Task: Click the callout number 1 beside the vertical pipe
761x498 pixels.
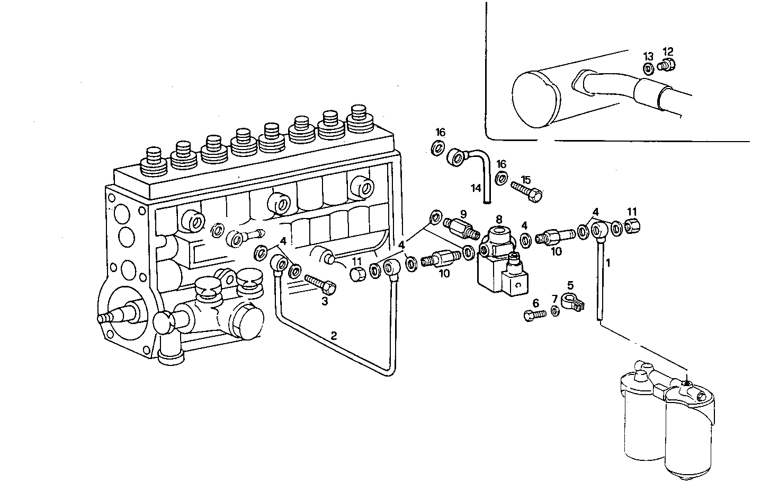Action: [x=608, y=263]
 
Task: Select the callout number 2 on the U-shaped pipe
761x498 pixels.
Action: [x=334, y=335]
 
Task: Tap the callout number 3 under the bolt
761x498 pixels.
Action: [x=325, y=301]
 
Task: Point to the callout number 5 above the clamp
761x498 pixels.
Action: [x=570, y=285]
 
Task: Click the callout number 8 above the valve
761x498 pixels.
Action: [x=498, y=219]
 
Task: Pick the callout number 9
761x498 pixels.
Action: [x=463, y=214]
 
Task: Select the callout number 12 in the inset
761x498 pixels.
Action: [x=668, y=51]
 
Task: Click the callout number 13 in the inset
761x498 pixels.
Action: [x=648, y=56]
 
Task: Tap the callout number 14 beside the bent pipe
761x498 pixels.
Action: [x=476, y=188]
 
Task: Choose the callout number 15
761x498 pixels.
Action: [x=525, y=179]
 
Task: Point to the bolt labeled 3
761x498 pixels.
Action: [x=320, y=283]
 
